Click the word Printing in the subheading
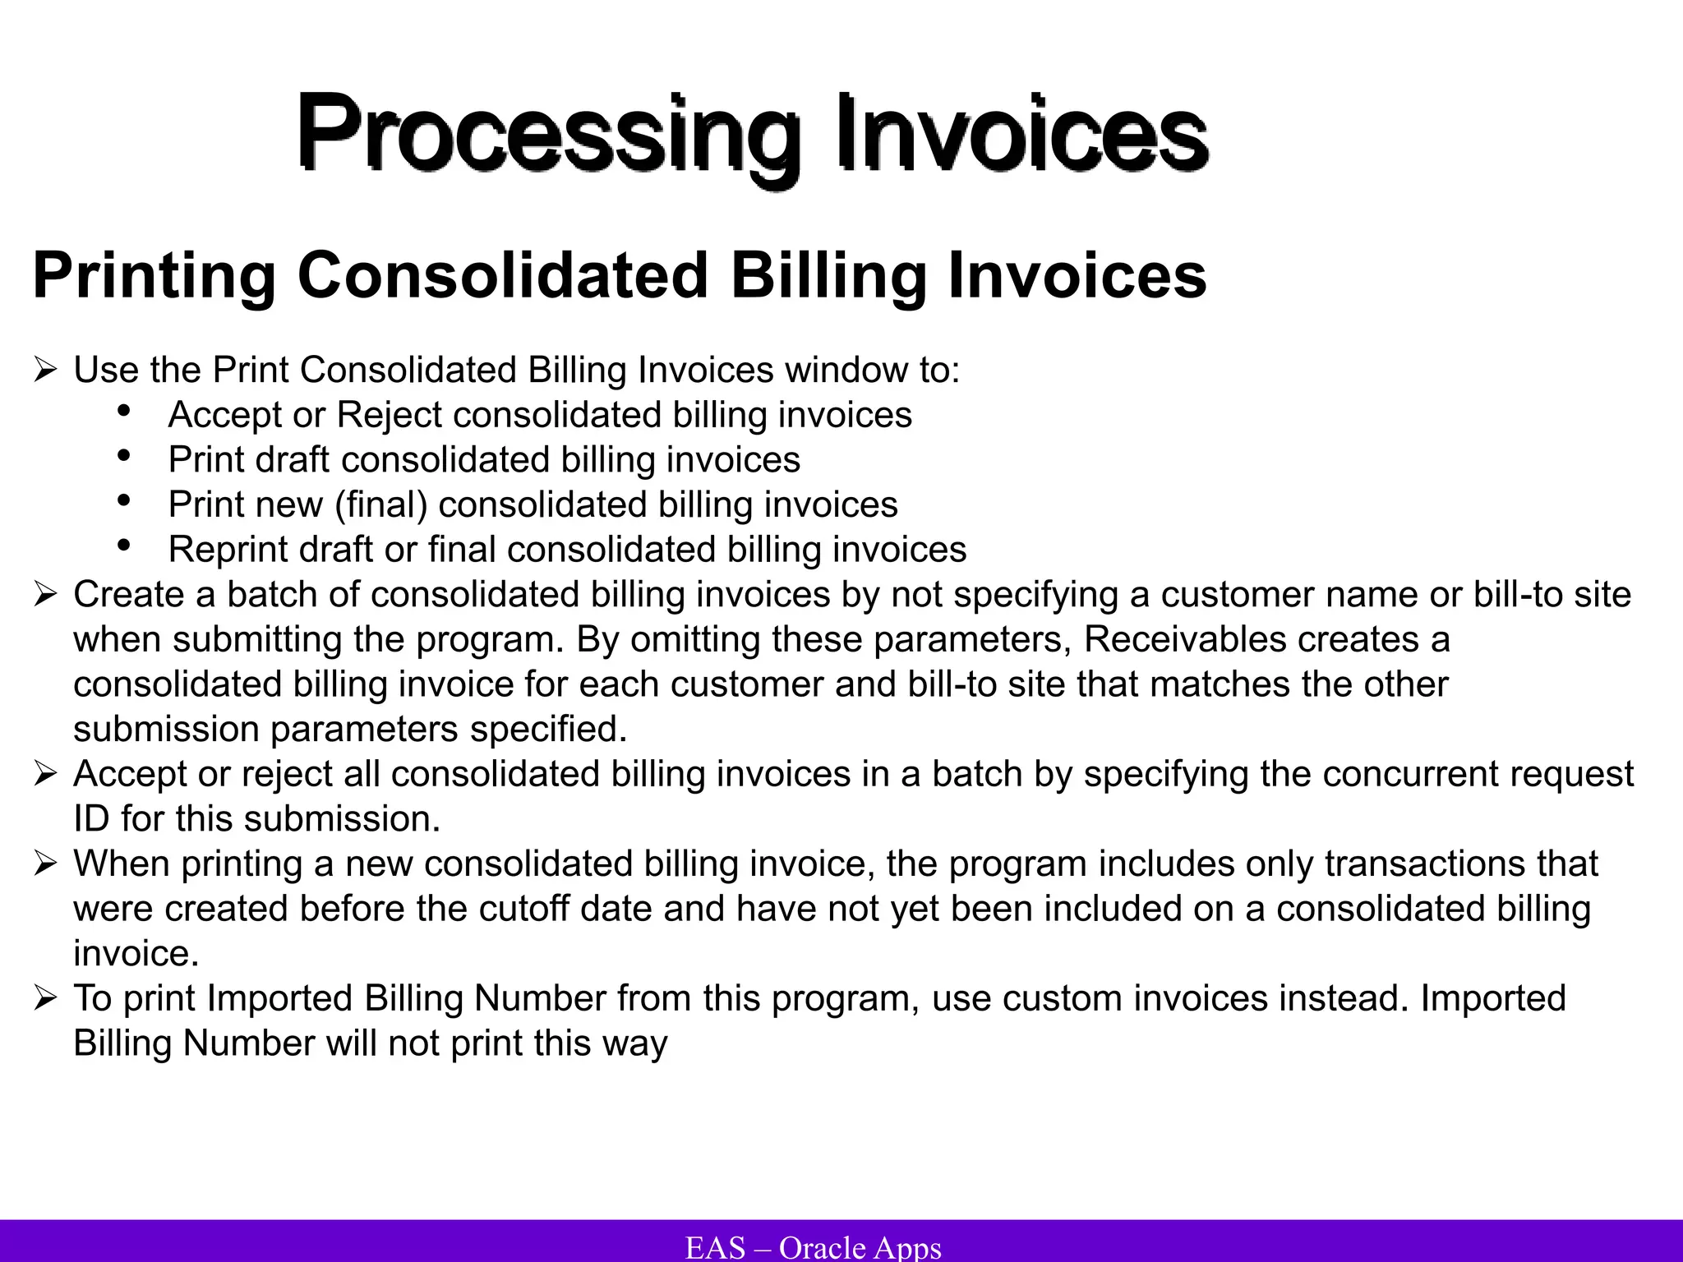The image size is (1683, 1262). (154, 276)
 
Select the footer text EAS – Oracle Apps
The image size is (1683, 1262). (813, 1247)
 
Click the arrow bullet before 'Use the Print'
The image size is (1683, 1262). (45, 371)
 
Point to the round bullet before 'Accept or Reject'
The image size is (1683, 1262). (125, 410)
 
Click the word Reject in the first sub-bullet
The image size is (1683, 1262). (390, 415)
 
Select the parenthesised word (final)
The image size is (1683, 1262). (381, 504)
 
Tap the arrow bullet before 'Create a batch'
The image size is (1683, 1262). (45, 595)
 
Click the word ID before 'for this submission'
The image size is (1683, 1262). (91, 819)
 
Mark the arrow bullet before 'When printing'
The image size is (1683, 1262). (45, 864)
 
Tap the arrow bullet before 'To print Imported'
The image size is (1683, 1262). (45, 999)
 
